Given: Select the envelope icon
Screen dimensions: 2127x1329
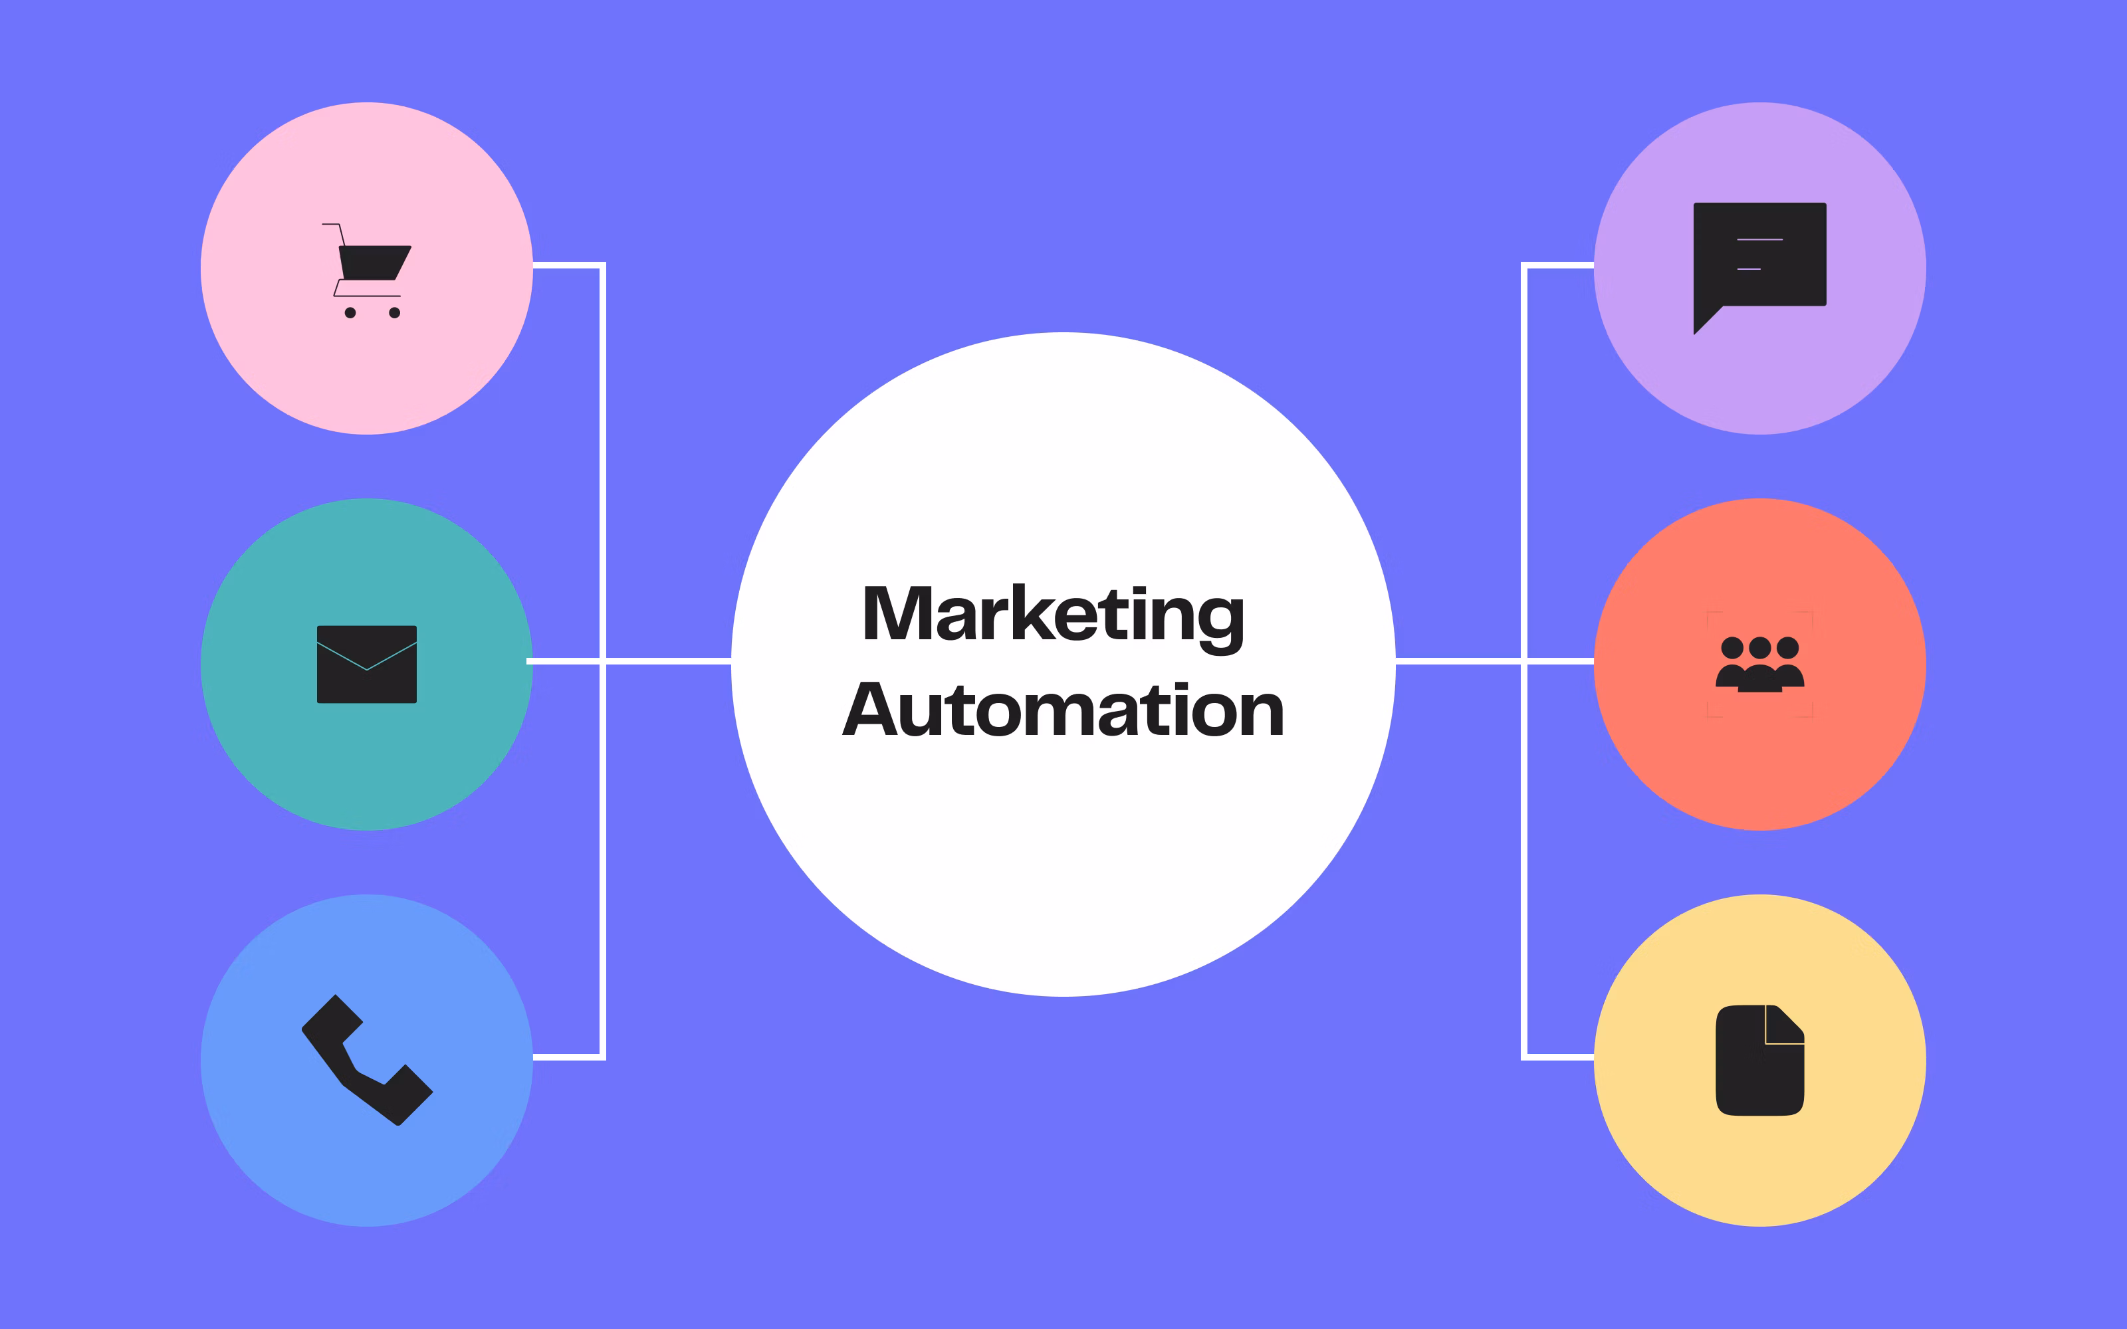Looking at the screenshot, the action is (x=366, y=664).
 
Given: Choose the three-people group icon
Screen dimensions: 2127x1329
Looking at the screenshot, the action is (x=1759, y=664).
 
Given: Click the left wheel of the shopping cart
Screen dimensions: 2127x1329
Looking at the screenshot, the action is (x=350, y=313).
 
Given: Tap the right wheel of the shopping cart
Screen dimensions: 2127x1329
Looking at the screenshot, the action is (x=395, y=313).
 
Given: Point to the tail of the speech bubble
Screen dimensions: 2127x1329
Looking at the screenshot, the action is (x=1705, y=322).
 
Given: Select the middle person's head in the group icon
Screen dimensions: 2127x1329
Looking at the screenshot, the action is (x=1759, y=648).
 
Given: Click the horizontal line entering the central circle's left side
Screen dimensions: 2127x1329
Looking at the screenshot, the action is (x=668, y=660).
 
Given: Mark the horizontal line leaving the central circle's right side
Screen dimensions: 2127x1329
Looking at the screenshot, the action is (x=1459, y=660).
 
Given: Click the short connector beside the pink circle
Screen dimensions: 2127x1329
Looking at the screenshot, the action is (x=567, y=264).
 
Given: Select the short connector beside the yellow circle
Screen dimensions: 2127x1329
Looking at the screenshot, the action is (x=1560, y=1057).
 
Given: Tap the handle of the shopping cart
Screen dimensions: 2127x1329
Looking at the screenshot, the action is (x=332, y=225).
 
